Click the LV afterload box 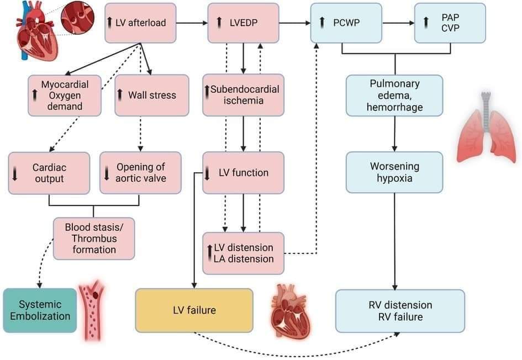(x=140, y=23)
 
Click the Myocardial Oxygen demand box (x=65, y=95)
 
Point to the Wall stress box (x=147, y=95)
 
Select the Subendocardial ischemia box (x=243, y=95)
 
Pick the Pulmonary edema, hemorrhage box (x=394, y=95)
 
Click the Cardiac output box (x=49, y=172)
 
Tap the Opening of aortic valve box (x=140, y=172)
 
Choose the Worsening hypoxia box (x=394, y=172)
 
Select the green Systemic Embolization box (x=39, y=310)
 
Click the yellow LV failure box (x=194, y=310)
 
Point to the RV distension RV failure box (x=400, y=311)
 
